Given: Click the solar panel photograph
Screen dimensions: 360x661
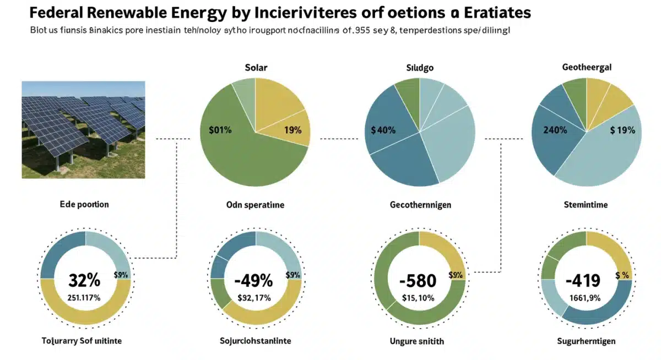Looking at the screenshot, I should (83, 129).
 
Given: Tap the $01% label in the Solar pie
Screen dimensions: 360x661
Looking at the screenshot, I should (220, 130).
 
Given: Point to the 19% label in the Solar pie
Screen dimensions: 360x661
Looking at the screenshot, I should (292, 130).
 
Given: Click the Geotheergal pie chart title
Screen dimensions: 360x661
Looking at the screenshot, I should (587, 67).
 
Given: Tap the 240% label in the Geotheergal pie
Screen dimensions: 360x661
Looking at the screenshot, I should (555, 130).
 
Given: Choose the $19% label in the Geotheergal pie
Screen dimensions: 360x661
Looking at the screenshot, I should (622, 130).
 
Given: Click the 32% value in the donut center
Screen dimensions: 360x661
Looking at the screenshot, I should (84, 280).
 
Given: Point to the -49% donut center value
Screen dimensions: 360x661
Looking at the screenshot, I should (253, 280).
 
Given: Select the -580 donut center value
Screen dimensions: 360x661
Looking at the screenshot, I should (418, 281).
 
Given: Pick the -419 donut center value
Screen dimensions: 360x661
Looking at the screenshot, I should (583, 281).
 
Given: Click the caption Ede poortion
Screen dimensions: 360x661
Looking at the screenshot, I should (84, 204).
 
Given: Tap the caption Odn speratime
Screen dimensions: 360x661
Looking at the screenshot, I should (255, 205).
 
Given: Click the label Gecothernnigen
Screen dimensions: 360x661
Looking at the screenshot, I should (420, 205).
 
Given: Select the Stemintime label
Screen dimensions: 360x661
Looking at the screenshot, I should (586, 205).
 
